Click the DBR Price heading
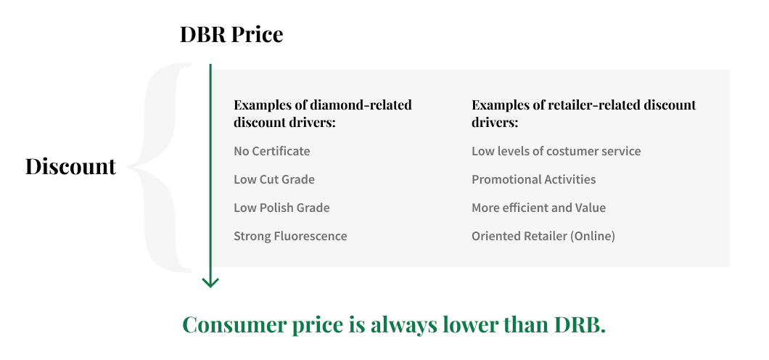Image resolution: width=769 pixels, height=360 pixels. point(231,35)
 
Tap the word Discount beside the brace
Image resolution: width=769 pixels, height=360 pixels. point(70,166)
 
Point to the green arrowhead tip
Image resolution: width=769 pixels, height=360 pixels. point(210,287)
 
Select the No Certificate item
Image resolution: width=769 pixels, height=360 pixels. point(272,151)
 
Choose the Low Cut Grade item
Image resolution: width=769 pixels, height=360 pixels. point(274,179)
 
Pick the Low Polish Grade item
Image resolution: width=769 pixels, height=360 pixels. point(281,208)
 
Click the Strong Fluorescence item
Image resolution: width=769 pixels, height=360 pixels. point(290,237)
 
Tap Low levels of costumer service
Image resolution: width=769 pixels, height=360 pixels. point(556,151)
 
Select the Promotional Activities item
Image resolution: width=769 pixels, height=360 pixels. point(534,179)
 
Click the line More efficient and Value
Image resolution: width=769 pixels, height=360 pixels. point(538,208)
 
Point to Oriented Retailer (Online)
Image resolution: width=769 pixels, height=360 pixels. point(543,237)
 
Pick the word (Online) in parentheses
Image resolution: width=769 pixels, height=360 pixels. point(593,237)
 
